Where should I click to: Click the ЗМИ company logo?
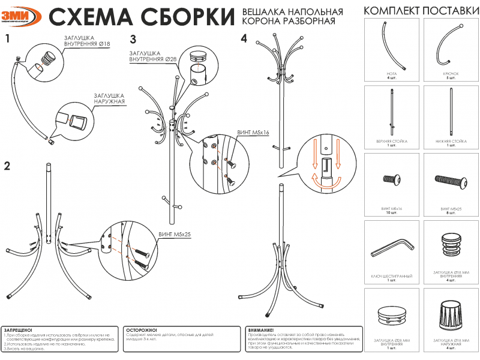coord(22,16)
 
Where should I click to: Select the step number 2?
coord(8,166)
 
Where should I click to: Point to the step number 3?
coord(134,40)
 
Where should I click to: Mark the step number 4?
coord(244,39)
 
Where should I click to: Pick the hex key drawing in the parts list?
coord(392,247)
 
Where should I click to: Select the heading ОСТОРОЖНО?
coord(142,330)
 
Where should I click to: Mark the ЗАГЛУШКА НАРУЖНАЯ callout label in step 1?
coord(109,98)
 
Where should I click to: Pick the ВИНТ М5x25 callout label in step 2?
coord(174,234)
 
